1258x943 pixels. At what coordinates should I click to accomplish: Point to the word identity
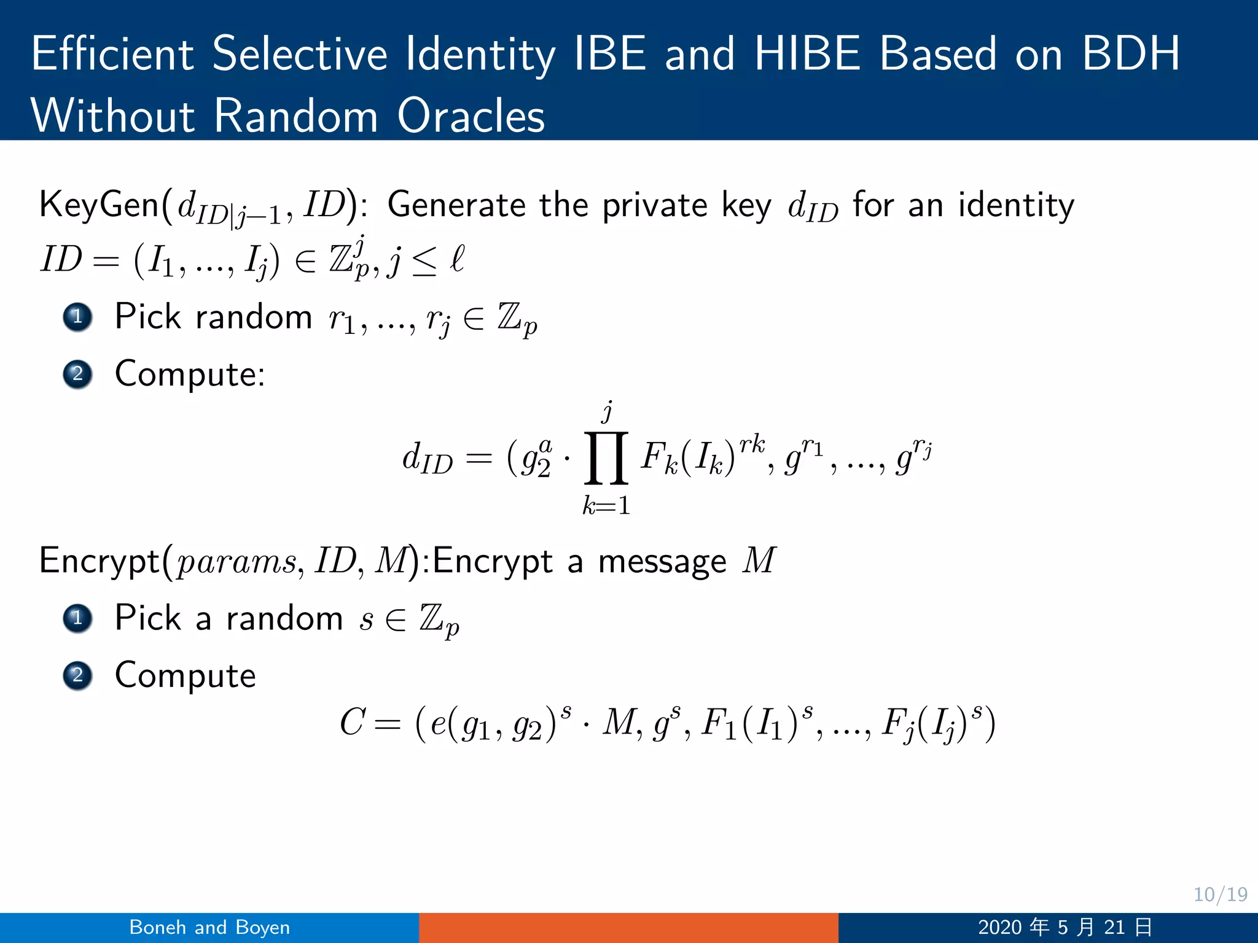coord(1016,205)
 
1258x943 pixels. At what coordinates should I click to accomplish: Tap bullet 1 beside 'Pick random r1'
coord(77,317)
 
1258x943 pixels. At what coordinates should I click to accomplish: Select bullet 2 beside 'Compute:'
coord(77,374)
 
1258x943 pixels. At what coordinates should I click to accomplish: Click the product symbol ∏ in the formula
coord(606,457)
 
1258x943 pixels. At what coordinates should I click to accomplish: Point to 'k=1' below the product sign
coord(606,505)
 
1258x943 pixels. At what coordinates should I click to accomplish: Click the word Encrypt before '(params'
coord(100,561)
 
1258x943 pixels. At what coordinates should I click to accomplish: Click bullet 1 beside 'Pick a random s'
coord(77,618)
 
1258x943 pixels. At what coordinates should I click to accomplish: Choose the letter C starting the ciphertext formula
coord(353,722)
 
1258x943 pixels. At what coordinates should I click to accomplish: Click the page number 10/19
coord(1220,894)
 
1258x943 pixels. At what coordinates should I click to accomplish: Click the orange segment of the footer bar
coord(628,927)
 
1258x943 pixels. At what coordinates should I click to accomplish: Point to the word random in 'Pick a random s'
coord(284,618)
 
